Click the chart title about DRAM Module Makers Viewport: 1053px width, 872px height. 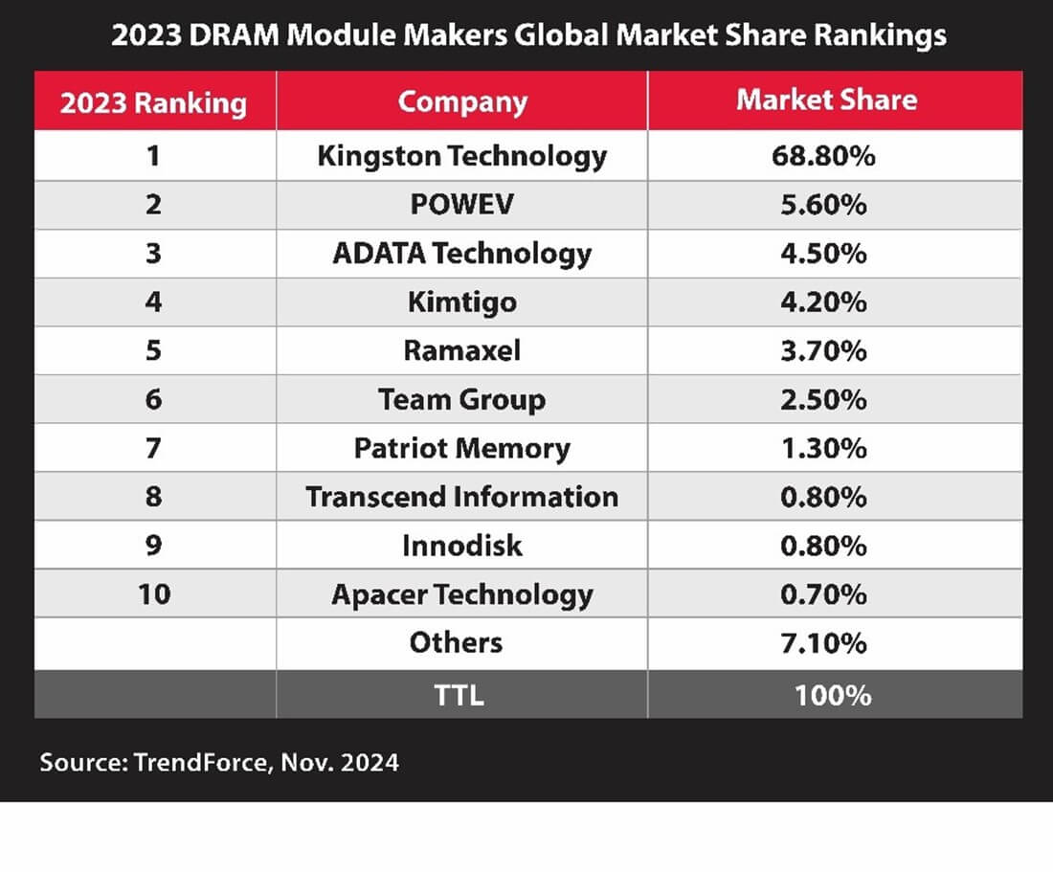528,35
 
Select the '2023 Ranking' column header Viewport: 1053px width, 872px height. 154,102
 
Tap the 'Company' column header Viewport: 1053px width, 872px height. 462,101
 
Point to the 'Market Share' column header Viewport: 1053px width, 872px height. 826,101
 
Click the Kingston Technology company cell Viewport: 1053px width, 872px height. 462,155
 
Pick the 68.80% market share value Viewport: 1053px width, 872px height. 823,155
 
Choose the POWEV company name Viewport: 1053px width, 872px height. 462,204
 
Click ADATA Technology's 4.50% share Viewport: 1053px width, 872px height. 823,253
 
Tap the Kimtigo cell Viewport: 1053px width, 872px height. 462,302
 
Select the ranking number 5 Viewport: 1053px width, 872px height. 154,350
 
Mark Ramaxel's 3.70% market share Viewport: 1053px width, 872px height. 823,350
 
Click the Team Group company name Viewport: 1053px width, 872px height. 462,399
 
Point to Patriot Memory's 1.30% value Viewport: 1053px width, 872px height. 823,448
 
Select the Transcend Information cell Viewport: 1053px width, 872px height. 462,497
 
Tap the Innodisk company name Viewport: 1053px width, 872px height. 462,546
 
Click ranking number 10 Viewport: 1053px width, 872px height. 154,594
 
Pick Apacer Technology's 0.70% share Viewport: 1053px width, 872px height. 823,594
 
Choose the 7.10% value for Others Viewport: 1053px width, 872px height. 823,643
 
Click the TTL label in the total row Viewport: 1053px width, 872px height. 459,694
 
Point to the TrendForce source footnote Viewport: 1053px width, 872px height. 219,763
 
